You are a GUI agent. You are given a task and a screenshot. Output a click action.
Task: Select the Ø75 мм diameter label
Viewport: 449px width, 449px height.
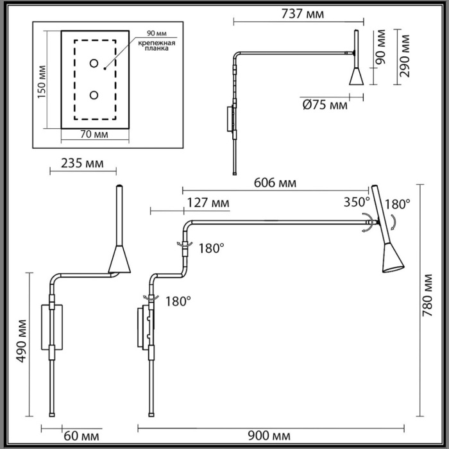tap(325, 105)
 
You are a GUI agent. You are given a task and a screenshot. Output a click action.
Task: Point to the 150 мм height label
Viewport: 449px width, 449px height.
tap(42, 82)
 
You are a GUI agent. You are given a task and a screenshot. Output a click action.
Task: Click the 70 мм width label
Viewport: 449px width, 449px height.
tap(94, 134)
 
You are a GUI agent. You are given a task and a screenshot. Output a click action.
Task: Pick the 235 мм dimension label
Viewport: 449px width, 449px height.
tap(81, 163)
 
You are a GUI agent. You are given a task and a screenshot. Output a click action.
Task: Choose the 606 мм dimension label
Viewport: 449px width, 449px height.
tap(274, 183)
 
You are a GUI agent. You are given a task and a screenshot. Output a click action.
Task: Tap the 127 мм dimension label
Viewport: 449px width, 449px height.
tap(207, 203)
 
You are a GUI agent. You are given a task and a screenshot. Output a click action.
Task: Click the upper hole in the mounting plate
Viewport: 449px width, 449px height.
tap(94, 63)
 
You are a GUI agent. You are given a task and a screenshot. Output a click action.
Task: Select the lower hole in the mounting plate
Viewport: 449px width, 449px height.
tap(94, 95)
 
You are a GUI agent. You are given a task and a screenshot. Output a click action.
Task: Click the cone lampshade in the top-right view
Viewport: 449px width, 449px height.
tap(355, 76)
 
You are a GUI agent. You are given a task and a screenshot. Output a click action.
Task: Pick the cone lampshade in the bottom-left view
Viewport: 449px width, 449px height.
tap(119, 259)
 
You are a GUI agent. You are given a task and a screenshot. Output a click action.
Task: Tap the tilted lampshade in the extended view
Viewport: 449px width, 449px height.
tap(393, 257)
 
